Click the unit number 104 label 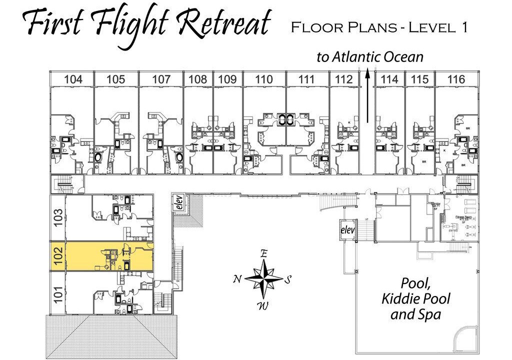pyautogui.click(x=73, y=79)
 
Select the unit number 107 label pyautogui.click(x=161, y=79)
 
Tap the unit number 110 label pyautogui.click(x=264, y=79)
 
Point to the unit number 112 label pyautogui.click(x=344, y=79)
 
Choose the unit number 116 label pyautogui.click(x=456, y=79)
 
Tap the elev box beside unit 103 pyautogui.click(x=179, y=202)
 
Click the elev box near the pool pyautogui.click(x=347, y=230)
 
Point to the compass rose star pyautogui.click(x=263, y=277)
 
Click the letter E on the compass pyautogui.click(x=263, y=253)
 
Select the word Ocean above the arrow pyautogui.click(x=403, y=57)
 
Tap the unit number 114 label pyautogui.click(x=389, y=79)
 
